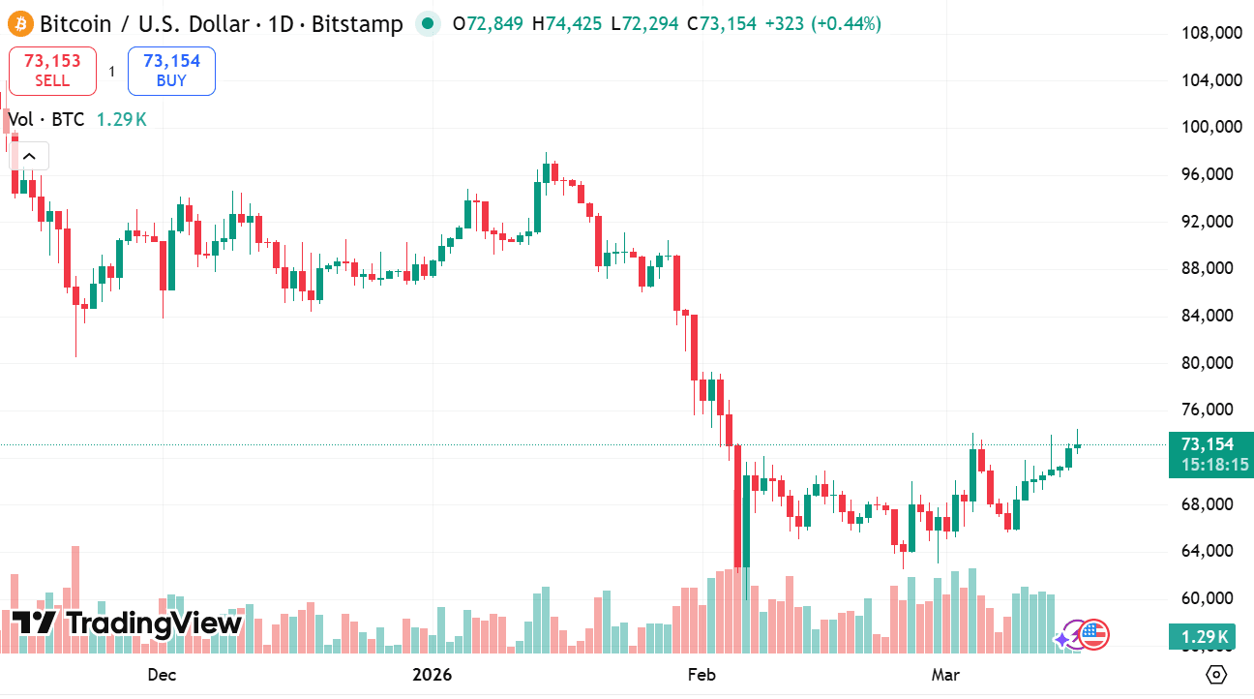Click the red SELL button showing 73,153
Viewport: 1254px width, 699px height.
point(52,71)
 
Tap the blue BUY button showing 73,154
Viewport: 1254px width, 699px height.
point(171,71)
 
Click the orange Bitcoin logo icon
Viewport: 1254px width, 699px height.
point(19,24)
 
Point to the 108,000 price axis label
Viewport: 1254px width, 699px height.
point(1211,34)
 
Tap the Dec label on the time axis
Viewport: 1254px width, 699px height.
point(161,674)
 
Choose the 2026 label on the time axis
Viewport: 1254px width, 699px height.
point(432,674)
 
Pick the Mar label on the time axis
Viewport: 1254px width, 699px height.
point(945,674)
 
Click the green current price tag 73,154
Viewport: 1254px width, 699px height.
point(1208,444)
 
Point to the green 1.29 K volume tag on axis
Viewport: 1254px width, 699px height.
point(1205,637)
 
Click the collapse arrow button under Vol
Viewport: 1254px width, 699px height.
point(29,156)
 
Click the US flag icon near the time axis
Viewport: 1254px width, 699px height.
point(1093,635)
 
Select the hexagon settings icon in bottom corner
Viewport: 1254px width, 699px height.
point(1217,675)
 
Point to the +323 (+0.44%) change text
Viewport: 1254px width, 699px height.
point(822,24)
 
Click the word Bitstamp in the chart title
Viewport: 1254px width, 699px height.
point(357,24)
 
